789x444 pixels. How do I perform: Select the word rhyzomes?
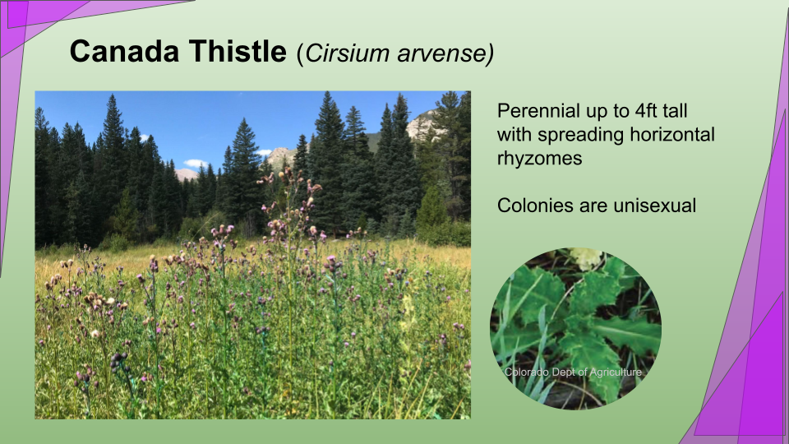(539, 159)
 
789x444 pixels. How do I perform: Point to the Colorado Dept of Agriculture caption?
(573, 372)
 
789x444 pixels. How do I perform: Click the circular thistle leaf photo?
(575, 328)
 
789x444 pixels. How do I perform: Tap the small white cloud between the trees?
(196, 163)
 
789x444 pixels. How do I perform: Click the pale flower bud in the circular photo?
(586, 257)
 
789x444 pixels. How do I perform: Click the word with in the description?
(514, 134)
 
